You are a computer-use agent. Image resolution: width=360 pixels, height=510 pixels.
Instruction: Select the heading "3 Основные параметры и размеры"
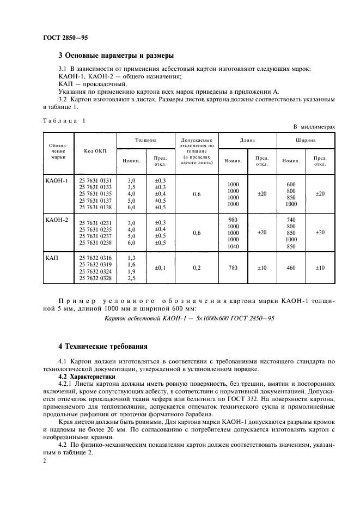pos(116,55)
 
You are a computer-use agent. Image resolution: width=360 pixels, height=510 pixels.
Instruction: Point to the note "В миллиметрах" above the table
pos(314,126)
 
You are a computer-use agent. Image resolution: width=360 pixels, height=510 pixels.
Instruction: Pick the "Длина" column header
pos(247,140)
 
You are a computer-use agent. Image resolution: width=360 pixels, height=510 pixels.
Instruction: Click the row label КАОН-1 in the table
pos(56,180)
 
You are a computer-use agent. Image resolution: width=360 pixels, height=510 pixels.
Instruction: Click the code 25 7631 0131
pos(95,180)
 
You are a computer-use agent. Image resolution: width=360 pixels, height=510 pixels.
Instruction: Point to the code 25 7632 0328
pos(95,278)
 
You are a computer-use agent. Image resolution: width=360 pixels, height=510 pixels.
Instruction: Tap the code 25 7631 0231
pos(95,222)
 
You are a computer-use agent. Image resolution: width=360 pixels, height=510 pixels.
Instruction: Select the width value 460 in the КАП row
pos(291,268)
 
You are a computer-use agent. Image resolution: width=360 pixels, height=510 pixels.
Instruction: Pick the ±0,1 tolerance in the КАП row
pos(160,268)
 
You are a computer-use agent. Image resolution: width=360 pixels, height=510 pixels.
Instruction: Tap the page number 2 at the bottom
pos(45,461)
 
